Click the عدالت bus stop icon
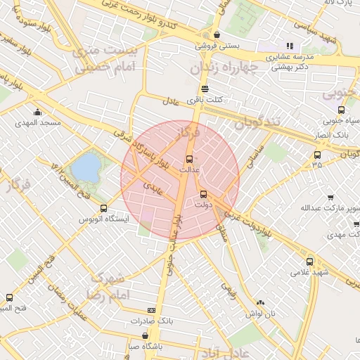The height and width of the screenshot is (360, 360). (188, 158)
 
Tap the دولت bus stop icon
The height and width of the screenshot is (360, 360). (203, 194)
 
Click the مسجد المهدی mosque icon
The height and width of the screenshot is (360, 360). (37, 112)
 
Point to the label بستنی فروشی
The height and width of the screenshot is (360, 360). (217, 46)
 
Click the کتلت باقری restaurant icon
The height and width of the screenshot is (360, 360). (204, 89)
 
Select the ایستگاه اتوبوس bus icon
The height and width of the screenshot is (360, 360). (104, 208)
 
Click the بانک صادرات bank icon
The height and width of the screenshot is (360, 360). (152, 310)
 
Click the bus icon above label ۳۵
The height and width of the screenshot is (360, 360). (317, 155)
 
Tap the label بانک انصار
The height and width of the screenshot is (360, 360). (328, 133)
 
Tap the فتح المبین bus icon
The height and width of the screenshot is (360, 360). (9, 297)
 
